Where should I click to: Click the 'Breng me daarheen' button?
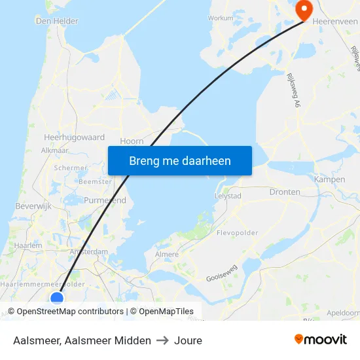click(x=179, y=160)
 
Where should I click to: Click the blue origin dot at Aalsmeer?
click(x=57, y=298)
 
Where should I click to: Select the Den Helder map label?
click(x=56, y=21)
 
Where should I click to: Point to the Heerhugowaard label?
click(x=74, y=137)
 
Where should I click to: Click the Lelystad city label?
click(x=228, y=196)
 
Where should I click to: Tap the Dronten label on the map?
click(x=285, y=192)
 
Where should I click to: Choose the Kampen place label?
click(x=329, y=179)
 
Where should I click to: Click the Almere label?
click(x=167, y=254)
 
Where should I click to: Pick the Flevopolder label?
click(x=237, y=232)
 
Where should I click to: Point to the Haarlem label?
click(x=27, y=245)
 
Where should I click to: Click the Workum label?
click(x=220, y=18)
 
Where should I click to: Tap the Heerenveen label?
click(x=335, y=22)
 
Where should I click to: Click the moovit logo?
click(x=321, y=339)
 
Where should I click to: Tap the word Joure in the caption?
click(x=188, y=340)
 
